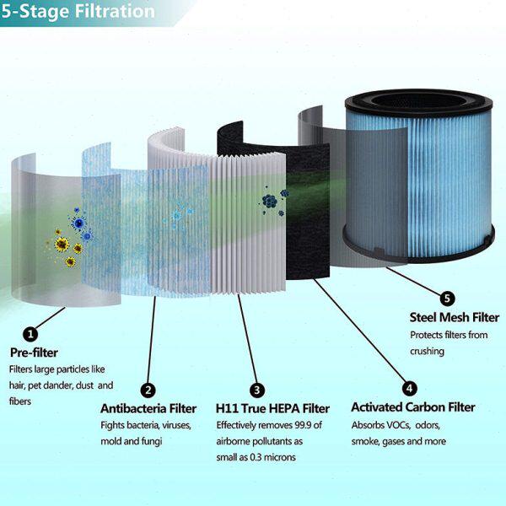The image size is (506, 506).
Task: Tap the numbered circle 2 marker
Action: pos(148,390)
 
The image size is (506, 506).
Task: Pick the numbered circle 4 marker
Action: pos(409,389)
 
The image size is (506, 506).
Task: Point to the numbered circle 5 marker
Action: pos(447,297)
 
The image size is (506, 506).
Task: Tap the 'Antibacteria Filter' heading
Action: pos(148,409)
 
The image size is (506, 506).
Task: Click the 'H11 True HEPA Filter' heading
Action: pos(272,409)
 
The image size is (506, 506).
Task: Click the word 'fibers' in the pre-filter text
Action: pos(22,401)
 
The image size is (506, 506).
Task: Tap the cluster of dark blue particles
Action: pos(270,201)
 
